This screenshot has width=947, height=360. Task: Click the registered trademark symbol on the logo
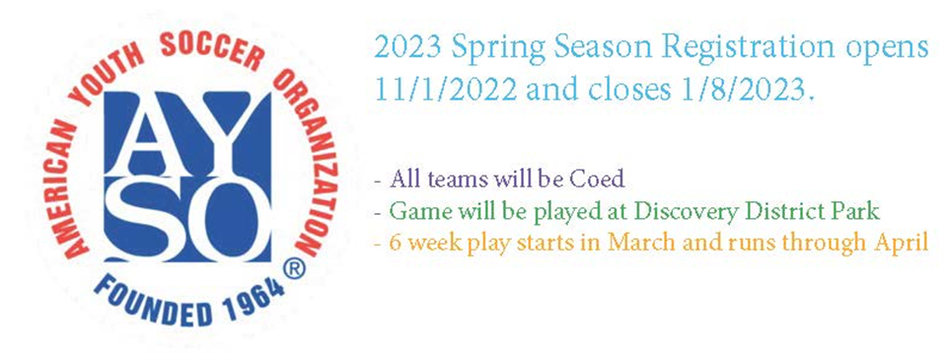point(294,270)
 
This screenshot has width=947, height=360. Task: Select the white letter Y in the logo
point(221,134)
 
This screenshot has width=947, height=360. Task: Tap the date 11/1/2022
point(446,91)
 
